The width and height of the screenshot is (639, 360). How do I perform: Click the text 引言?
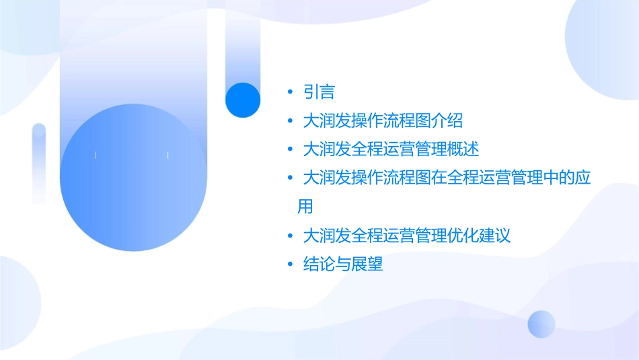[x=319, y=92]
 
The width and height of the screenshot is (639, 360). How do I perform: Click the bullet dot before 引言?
[x=289, y=92]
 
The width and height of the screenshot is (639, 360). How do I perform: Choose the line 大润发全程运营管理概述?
[x=391, y=149]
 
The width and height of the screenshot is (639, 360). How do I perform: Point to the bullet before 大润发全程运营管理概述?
[x=289, y=149]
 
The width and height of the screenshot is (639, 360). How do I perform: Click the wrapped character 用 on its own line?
[x=305, y=206]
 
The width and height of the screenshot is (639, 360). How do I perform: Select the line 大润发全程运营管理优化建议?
[x=407, y=236]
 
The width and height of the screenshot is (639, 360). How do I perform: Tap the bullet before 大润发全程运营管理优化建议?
[x=289, y=236]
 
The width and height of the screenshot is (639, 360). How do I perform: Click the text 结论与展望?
[x=343, y=264]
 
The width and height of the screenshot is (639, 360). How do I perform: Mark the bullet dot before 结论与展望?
[x=289, y=264]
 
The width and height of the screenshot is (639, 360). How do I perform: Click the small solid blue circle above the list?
[x=243, y=100]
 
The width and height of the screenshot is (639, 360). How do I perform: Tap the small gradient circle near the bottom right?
[x=541, y=324]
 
